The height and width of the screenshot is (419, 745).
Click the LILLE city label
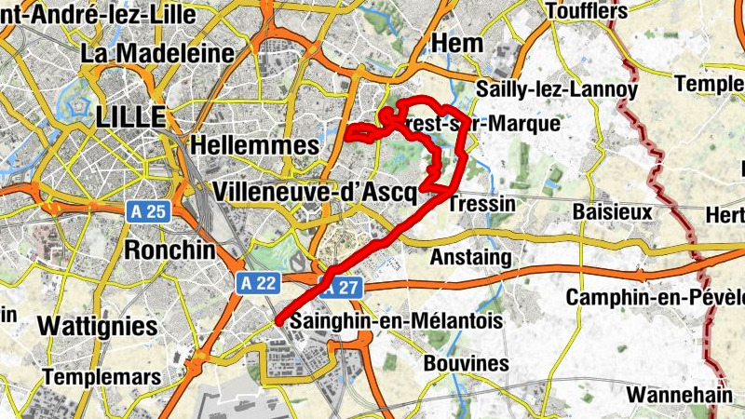(129, 117)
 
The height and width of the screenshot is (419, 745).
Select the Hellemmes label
(240, 145)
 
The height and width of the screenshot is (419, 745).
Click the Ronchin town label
(169, 250)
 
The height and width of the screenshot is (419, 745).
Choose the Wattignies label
(98, 326)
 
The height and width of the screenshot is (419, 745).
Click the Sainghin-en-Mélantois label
(397, 320)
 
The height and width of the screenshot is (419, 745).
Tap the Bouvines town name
(466, 363)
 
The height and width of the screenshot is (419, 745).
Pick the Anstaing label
(472, 256)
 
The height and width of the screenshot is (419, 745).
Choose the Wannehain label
(679, 395)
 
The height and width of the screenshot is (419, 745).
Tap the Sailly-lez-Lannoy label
(556, 90)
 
